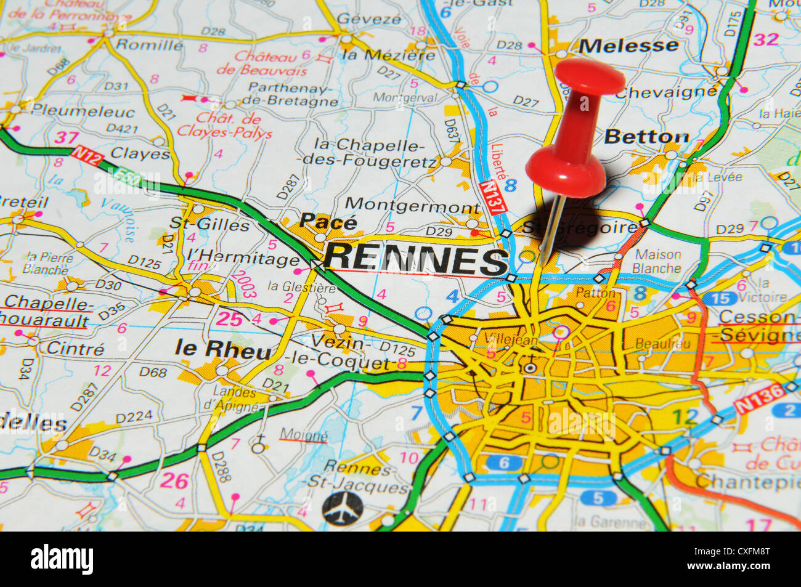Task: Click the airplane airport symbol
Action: coord(343,508)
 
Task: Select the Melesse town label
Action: coord(628,46)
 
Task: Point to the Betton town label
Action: coord(646,137)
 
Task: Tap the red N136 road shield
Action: coord(758,399)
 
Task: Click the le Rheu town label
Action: coord(222,349)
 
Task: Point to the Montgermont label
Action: coord(412,205)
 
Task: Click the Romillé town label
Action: coord(149,44)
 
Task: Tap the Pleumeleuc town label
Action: coord(83,111)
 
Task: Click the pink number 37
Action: coord(65,137)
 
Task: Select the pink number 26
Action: coord(174,480)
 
